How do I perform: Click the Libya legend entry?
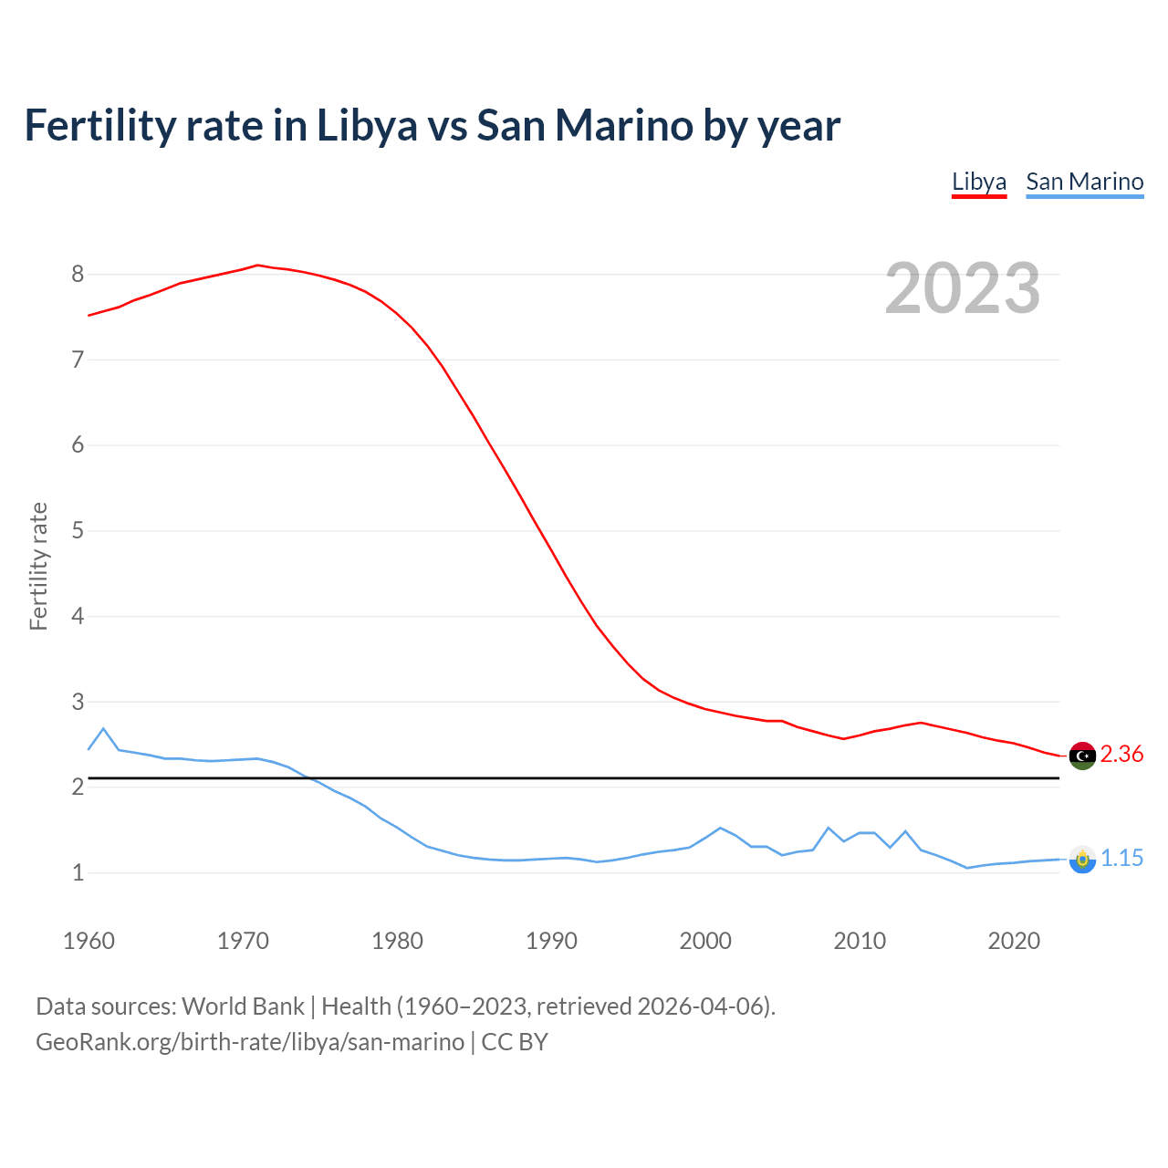pyautogui.click(x=979, y=182)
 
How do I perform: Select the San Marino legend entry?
pyautogui.click(x=1084, y=182)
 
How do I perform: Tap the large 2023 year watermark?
pyautogui.click(x=962, y=288)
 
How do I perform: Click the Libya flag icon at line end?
pyautogui.click(x=1082, y=756)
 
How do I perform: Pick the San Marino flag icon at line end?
pyautogui.click(x=1082, y=860)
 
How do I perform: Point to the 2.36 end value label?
pyautogui.click(x=1121, y=755)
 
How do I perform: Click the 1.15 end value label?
pyautogui.click(x=1121, y=859)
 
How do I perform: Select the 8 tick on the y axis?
pyautogui.click(x=78, y=275)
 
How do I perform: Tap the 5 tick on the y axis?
pyautogui.click(x=78, y=531)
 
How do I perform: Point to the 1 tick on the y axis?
pyautogui.click(x=78, y=873)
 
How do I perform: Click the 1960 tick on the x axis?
pyautogui.click(x=89, y=941)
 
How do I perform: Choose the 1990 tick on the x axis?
pyautogui.click(x=551, y=941)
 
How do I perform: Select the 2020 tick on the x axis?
pyautogui.click(x=1014, y=941)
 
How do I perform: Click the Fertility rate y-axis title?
pyautogui.click(x=38, y=566)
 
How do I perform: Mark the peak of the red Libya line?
pyautogui.click(x=257, y=266)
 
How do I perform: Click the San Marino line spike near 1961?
pyautogui.click(x=103, y=729)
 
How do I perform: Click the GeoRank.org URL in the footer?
pyautogui.click(x=249, y=1042)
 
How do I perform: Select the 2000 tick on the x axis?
pyautogui.click(x=705, y=941)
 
